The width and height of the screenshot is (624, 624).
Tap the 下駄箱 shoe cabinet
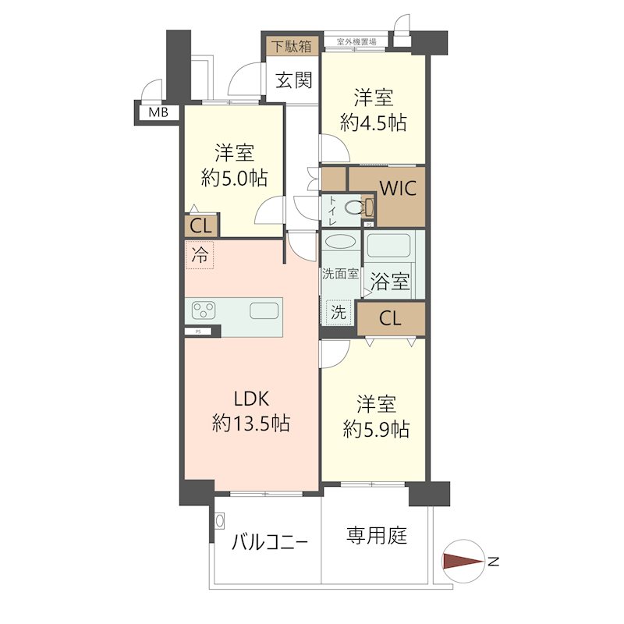click(291, 46)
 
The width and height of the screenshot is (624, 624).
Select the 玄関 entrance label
click(293, 80)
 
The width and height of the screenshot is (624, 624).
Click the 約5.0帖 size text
click(234, 179)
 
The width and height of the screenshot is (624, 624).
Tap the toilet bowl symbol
click(357, 208)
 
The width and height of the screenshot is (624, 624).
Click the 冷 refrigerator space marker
click(200, 254)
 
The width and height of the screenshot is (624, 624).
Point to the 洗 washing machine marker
click(338, 313)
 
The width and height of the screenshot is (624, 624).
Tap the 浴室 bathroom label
click(391, 281)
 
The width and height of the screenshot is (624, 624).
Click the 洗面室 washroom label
click(340, 274)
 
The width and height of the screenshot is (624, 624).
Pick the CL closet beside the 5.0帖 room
click(200, 227)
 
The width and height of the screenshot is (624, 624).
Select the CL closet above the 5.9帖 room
click(391, 318)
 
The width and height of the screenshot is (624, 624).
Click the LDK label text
click(250, 399)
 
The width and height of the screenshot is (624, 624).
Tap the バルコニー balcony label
click(270, 541)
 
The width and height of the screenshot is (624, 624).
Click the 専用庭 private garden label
click(377, 536)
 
